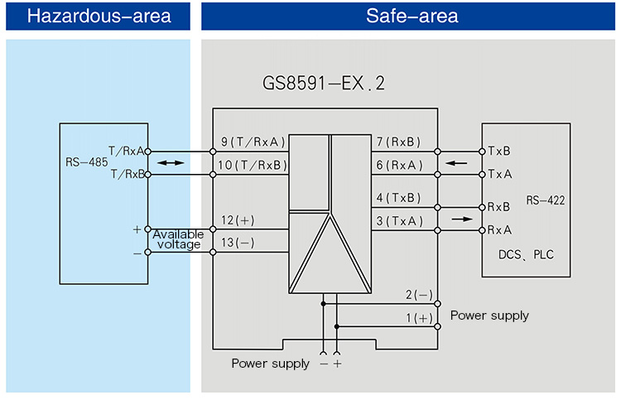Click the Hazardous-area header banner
point(99,17)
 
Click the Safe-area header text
point(412,17)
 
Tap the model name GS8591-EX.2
point(324,84)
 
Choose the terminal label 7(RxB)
point(398,142)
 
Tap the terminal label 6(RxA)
point(398,165)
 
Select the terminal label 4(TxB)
point(398,197)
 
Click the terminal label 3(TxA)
point(398,220)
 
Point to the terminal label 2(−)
point(419,295)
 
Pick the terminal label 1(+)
point(419,318)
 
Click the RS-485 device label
point(86,162)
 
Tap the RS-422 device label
point(545,200)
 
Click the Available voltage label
point(177,239)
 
